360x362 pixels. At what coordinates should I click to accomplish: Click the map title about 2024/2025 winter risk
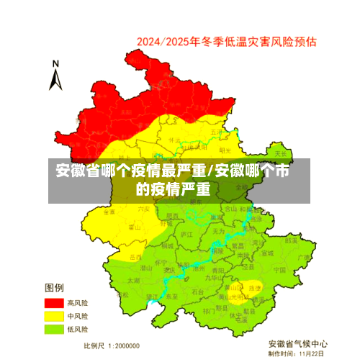226,41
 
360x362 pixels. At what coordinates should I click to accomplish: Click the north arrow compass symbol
55,76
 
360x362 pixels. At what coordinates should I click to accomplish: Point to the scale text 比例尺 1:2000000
112,345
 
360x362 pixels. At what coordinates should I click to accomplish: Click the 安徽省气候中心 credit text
298,343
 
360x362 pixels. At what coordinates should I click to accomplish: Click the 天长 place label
280,154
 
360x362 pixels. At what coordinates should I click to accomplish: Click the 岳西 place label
135,256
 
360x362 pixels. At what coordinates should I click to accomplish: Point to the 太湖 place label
133,280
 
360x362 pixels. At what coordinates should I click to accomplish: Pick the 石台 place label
198,291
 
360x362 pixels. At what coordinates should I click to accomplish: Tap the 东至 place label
171,296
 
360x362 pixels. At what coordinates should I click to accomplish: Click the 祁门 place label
209,311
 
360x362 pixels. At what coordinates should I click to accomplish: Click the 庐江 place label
186,235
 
